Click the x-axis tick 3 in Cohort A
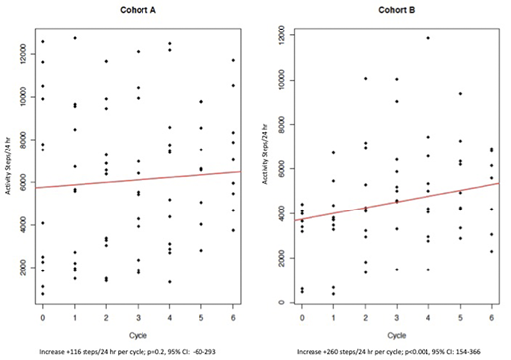point(138,320)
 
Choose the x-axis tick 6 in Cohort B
point(491,320)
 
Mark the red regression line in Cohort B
point(396,202)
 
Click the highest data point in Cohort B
point(428,38)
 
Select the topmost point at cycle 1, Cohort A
point(75,38)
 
